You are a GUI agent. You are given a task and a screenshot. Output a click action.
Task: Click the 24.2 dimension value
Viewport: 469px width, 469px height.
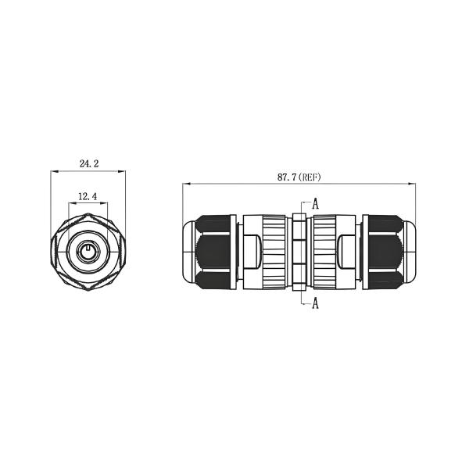click(x=88, y=164)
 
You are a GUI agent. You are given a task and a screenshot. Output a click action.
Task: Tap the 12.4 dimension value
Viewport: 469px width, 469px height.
click(x=88, y=197)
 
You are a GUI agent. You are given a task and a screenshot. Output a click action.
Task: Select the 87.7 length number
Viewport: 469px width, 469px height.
click(x=287, y=177)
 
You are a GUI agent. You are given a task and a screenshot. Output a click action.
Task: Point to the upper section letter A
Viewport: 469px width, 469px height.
click(x=315, y=203)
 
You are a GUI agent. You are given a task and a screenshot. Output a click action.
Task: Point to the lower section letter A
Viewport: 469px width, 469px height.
click(x=315, y=304)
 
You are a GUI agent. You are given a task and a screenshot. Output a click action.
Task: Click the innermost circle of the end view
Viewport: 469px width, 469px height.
click(x=88, y=253)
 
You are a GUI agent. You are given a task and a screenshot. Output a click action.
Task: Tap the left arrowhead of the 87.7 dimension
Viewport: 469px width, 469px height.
click(x=186, y=184)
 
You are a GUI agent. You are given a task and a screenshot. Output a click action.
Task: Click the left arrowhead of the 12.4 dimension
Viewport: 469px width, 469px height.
click(x=73, y=204)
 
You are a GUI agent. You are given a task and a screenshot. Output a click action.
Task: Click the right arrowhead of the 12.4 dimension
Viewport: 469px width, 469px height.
click(x=103, y=204)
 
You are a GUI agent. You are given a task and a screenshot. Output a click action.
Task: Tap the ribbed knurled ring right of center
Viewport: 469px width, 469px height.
click(x=324, y=253)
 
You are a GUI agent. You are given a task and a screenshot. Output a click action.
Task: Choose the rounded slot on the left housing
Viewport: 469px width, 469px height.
click(x=252, y=253)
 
